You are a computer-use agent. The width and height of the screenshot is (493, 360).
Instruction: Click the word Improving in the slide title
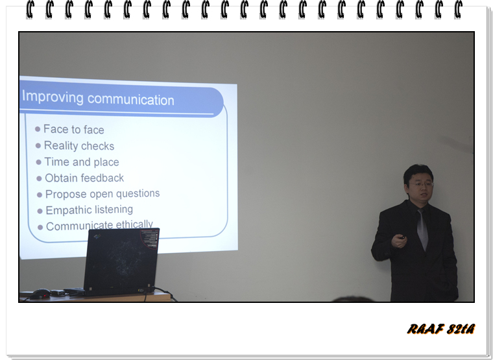click(x=53, y=97)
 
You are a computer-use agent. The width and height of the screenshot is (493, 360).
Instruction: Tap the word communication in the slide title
click(x=131, y=99)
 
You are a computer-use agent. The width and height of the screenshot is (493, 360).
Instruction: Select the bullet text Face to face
click(x=74, y=129)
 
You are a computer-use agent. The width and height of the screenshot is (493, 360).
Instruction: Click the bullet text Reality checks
click(x=79, y=145)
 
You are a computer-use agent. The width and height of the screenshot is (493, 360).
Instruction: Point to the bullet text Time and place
click(x=82, y=162)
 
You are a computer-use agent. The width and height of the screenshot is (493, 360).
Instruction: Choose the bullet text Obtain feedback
click(x=84, y=178)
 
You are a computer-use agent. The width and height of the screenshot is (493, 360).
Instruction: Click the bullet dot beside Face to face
click(x=38, y=129)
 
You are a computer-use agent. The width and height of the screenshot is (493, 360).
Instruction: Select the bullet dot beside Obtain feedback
click(x=39, y=178)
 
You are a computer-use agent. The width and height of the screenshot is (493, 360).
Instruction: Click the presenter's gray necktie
click(x=422, y=230)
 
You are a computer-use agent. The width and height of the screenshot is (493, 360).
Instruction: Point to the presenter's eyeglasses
click(x=421, y=184)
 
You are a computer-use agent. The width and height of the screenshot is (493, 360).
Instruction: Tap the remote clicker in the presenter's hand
click(x=402, y=237)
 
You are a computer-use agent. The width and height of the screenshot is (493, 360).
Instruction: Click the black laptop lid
click(x=121, y=260)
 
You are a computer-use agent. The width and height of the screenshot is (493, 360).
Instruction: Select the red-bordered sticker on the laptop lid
click(x=150, y=238)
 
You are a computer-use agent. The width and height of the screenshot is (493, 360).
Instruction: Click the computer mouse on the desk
click(x=40, y=294)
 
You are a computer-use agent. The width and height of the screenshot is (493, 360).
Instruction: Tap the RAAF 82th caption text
click(x=441, y=329)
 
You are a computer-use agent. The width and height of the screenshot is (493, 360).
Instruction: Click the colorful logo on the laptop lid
click(x=98, y=236)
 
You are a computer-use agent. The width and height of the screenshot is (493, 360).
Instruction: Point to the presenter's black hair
click(x=418, y=171)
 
